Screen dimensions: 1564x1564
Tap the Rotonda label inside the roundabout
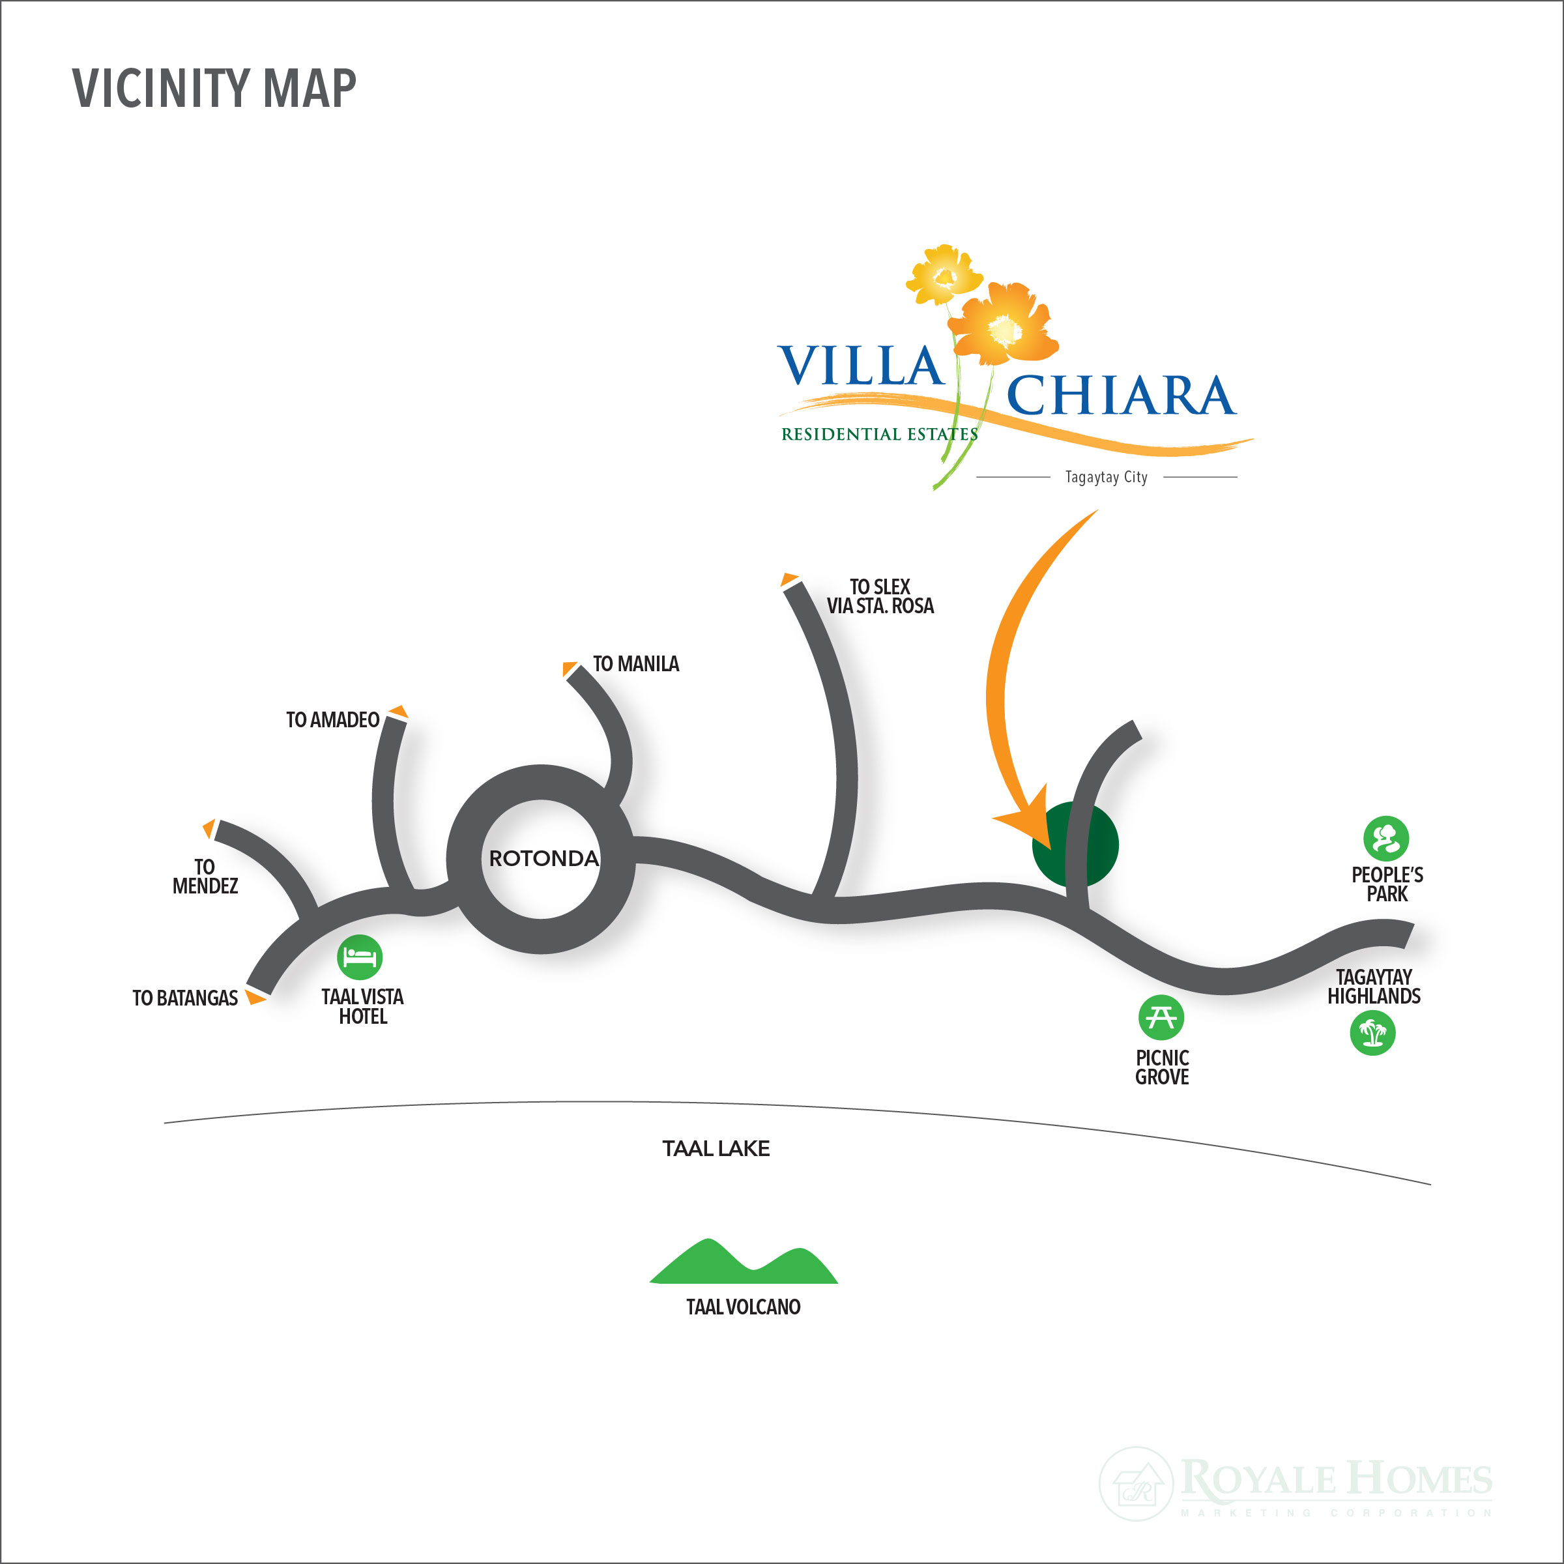click(543, 859)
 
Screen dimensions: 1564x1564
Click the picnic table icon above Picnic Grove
click(1161, 1017)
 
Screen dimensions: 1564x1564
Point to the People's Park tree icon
click(1386, 839)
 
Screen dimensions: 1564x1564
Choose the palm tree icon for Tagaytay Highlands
click(1372, 1033)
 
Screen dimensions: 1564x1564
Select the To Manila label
click(635, 665)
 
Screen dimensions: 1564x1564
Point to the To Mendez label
click(205, 876)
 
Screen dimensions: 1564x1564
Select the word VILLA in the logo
click(860, 366)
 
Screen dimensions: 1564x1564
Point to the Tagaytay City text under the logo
click(1106, 477)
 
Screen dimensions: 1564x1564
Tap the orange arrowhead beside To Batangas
click(256, 996)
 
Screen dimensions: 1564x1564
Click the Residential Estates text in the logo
click(878, 435)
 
